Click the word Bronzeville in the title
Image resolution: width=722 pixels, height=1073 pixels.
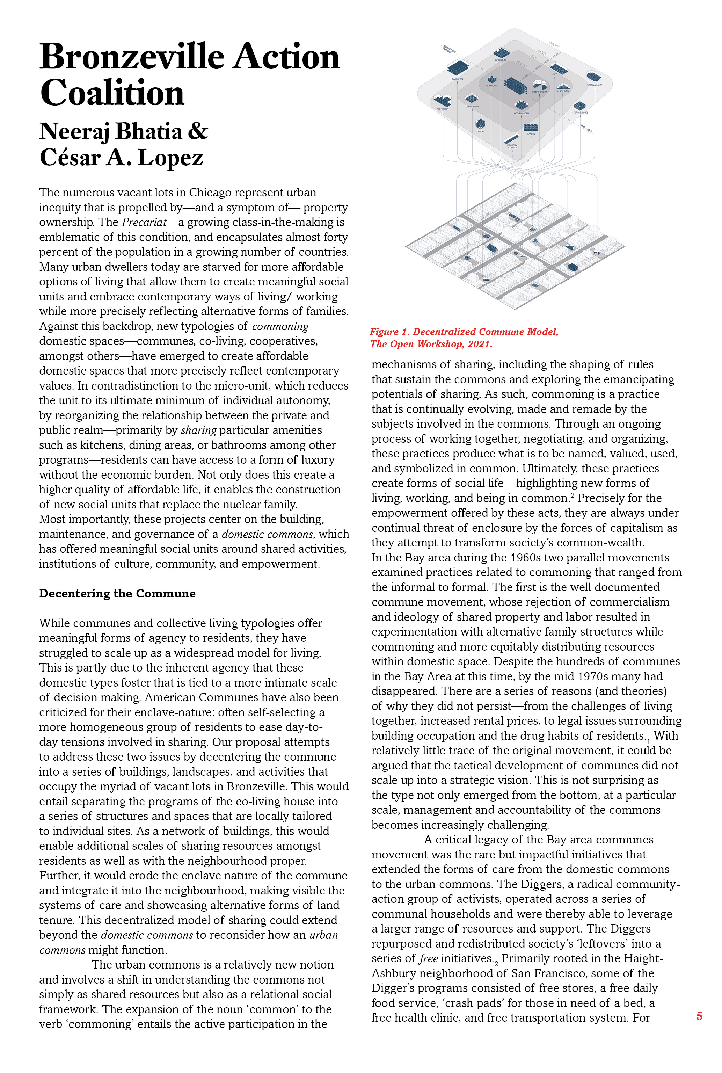click(x=132, y=57)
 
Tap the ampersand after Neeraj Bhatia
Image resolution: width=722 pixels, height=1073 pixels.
click(x=198, y=131)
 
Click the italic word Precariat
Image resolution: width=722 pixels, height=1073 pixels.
click(x=144, y=223)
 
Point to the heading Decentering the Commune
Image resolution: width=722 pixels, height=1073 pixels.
click(x=117, y=594)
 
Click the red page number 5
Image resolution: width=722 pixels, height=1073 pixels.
click(x=699, y=1016)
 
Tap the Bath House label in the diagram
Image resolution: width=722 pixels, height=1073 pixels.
click(x=501, y=60)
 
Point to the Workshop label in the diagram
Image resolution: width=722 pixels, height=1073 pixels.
click(x=443, y=109)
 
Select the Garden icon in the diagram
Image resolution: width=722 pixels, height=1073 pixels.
click(x=531, y=127)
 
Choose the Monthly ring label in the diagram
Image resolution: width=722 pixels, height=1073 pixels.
click(x=554, y=45)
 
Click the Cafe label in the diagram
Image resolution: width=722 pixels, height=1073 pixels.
click(x=554, y=75)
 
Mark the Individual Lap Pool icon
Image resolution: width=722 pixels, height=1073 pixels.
click(x=512, y=138)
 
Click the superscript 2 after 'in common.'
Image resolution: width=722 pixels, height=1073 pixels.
click(x=573, y=495)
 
